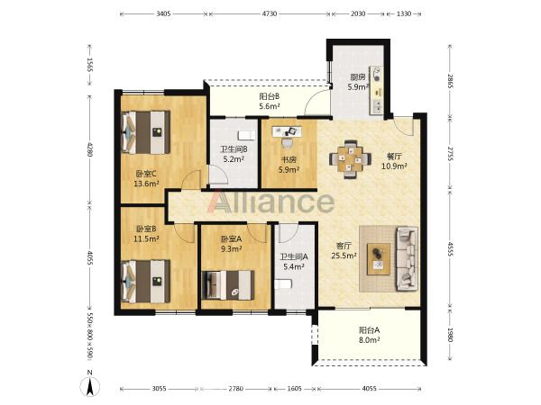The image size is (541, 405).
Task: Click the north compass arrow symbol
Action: pyautogui.click(x=90, y=385)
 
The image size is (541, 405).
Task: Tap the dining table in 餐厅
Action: pyautogui.click(x=350, y=159)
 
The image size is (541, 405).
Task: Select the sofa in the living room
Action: pyautogui.click(x=408, y=258)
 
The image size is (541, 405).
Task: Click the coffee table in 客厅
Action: pyautogui.click(x=379, y=258)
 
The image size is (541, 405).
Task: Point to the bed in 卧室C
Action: pyautogui.click(x=146, y=132)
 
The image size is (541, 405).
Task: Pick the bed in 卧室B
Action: pyautogui.click(x=146, y=282)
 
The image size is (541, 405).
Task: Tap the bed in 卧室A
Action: pyautogui.click(x=228, y=284)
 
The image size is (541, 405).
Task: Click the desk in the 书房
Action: pyautogui.click(x=287, y=131)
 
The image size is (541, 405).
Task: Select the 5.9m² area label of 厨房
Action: pyautogui.click(x=358, y=87)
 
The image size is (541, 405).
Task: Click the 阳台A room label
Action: pyautogui.click(x=369, y=330)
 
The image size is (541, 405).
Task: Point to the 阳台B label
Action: pyautogui.click(x=269, y=97)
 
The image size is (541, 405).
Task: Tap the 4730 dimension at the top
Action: pyautogui.click(x=270, y=13)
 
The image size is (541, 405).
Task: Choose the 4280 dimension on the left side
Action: pyautogui.click(x=89, y=149)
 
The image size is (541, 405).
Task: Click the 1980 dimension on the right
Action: pyautogui.click(x=450, y=334)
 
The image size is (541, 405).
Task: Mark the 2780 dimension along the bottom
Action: pyautogui.click(x=236, y=389)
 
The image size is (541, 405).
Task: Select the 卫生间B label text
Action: pyautogui.click(x=234, y=149)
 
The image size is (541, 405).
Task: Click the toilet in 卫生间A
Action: pyautogui.click(x=284, y=283)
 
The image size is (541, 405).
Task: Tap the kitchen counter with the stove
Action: pyautogui.click(x=376, y=90)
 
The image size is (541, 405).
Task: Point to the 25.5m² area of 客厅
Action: pyautogui.click(x=344, y=256)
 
